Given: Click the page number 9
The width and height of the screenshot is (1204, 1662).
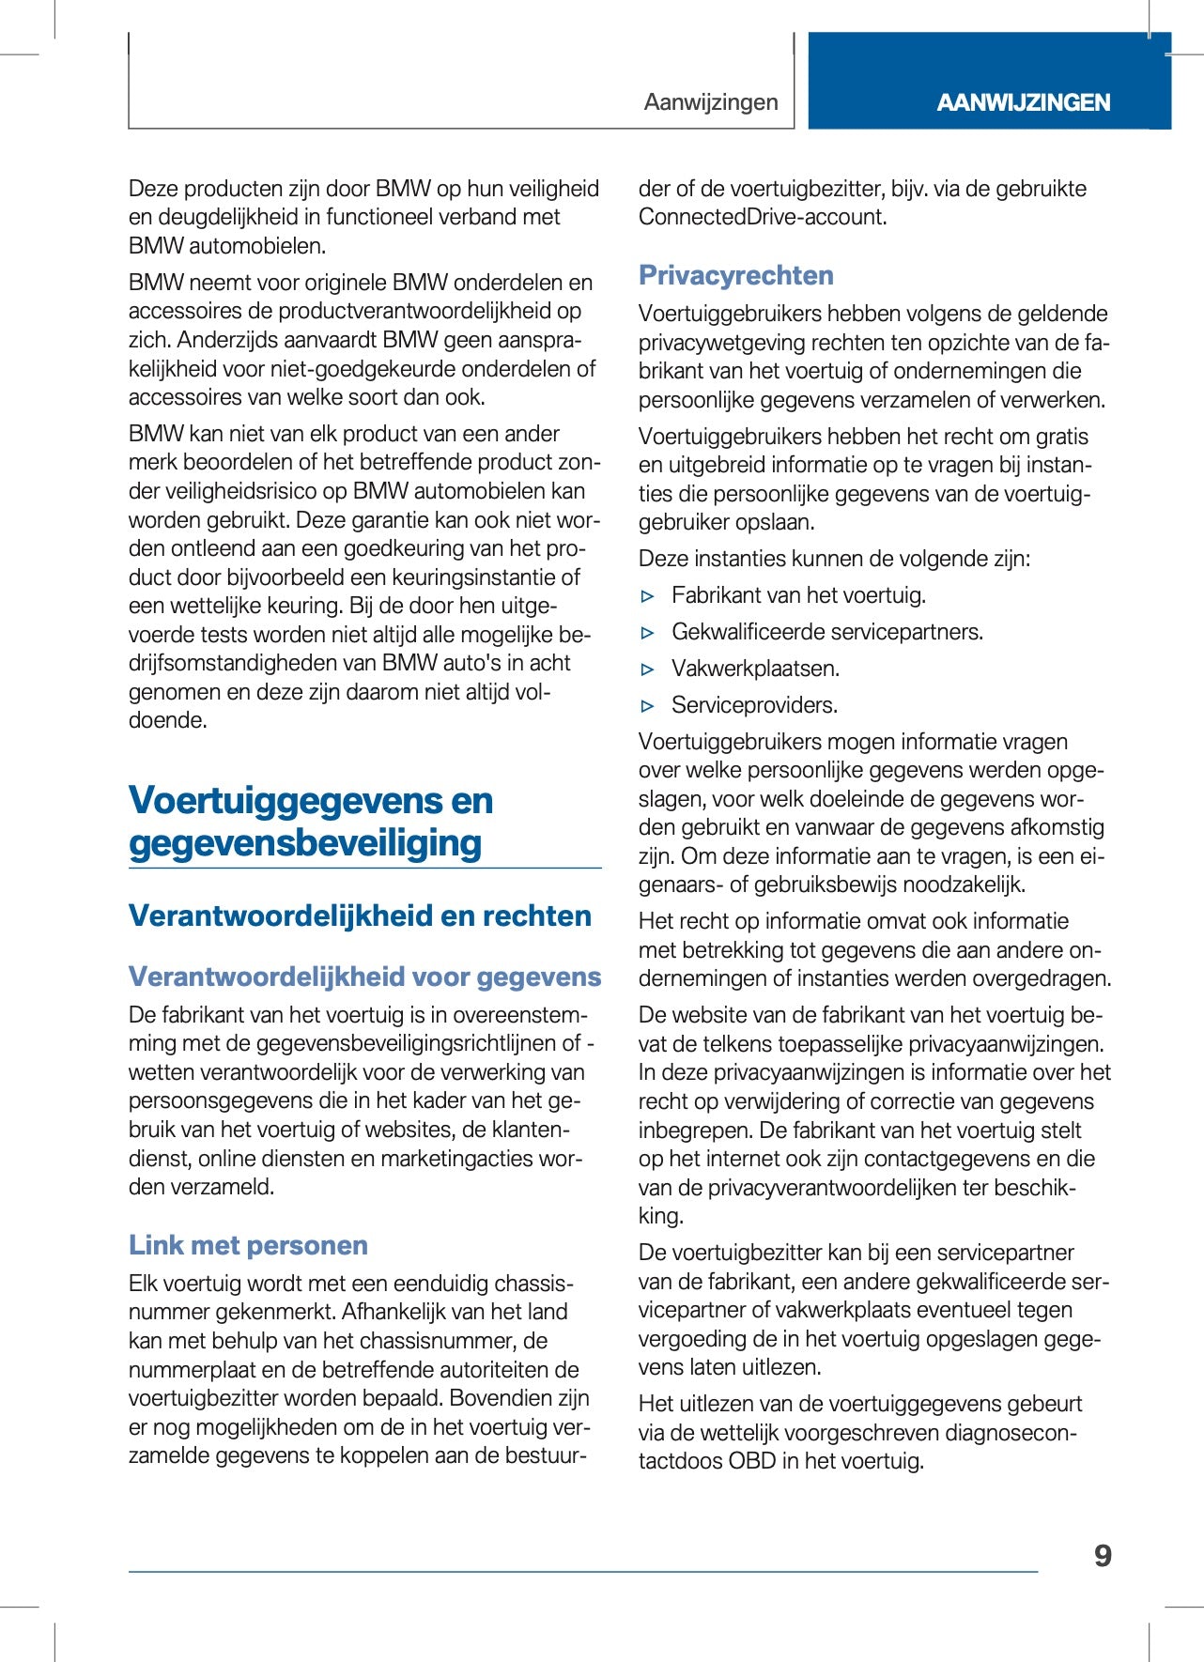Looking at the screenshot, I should click(x=1103, y=1556).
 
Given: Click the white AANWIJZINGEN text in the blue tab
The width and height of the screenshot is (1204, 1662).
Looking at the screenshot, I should click(x=1023, y=102).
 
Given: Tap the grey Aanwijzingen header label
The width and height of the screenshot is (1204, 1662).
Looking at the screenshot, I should click(x=711, y=102).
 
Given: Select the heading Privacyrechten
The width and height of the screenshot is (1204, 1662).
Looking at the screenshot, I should click(x=736, y=275).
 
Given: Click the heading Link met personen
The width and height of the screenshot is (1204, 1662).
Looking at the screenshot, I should click(x=248, y=1245).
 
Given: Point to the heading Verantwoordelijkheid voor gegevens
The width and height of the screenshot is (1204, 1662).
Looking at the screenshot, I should click(x=364, y=977).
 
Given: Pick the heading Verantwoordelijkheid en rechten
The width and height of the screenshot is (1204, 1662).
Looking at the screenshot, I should click(x=360, y=916).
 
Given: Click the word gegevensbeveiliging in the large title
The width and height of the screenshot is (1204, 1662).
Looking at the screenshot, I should click(x=305, y=843).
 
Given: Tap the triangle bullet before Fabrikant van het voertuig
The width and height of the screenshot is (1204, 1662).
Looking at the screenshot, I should click(x=647, y=596).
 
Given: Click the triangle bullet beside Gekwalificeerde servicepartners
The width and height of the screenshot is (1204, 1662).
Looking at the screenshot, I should click(x=647, y=633).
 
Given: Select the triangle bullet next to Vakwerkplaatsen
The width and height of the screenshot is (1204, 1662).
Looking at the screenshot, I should click(x=647, y=669).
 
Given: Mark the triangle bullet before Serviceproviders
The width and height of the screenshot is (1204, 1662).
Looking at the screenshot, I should click(x=647, y=706).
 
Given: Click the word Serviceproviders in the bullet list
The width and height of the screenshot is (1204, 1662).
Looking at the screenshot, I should click(x=754, y=705).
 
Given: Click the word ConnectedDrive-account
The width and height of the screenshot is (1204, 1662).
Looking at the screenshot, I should click(x=762, y=217).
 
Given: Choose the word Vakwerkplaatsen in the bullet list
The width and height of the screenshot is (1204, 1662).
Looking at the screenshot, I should click(x=755, y=669).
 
